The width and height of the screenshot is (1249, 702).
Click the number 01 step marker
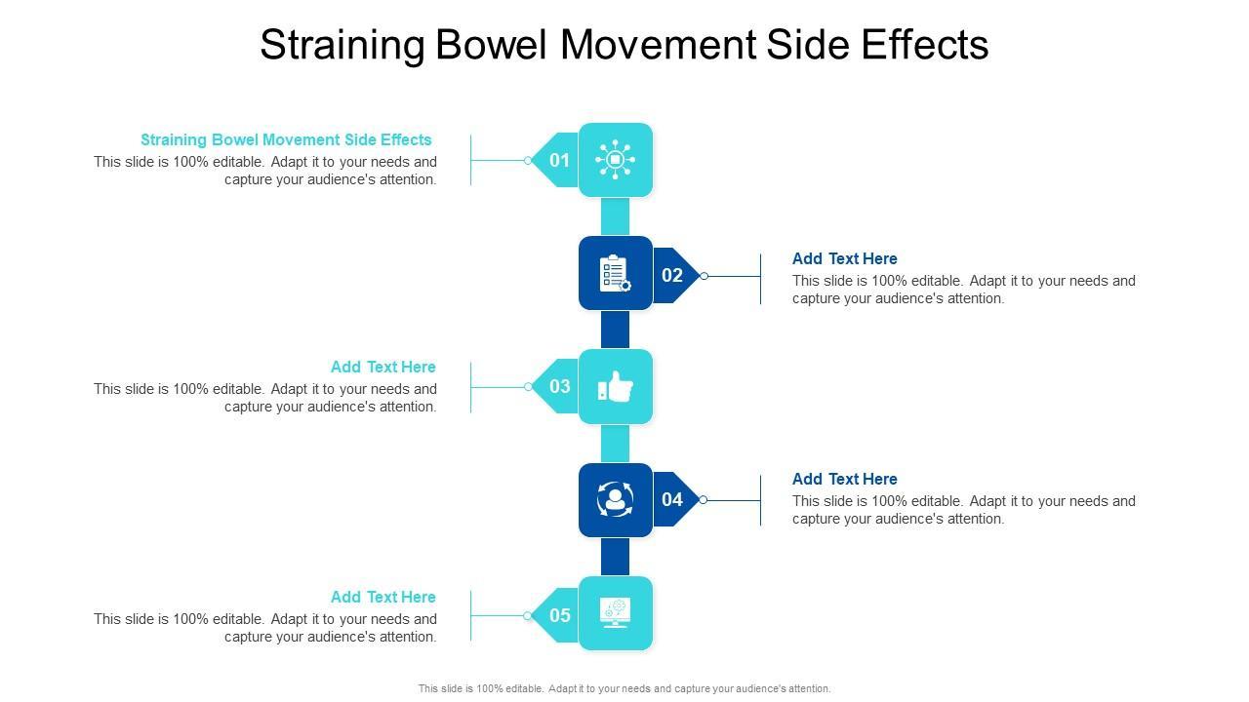pyautogui.click(x=558, y=160)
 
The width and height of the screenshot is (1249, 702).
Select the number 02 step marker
pyautogui.click(x=672, y=275)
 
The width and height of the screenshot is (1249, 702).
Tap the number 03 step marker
pyautogui.click(x=559, y=386)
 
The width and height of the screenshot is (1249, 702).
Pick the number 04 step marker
pyautogui.click(x=672, y=499)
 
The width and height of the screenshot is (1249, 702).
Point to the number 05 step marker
pyautogui.click(x=559, y=615)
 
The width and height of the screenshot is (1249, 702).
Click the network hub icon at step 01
pyautogui.click(x=616, y=160)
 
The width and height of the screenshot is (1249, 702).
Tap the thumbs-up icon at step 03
pyautogui.click(x=616, y=387)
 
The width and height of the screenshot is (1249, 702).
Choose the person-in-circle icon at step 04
pyautogui.click(x=615, y=500)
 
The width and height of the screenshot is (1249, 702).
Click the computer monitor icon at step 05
pyautogui.click(x=616, y=613)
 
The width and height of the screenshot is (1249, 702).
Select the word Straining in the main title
pyautogui.click(x=342, y=45)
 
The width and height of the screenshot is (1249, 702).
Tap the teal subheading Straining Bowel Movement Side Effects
pyautogui.click(x=286, y=139)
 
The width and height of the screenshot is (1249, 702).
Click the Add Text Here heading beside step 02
pyautogui.click(x=844, y=258)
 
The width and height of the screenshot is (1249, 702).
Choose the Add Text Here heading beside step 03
pyautogui.click(x=383, y=367)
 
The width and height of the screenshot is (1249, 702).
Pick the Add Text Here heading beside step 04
pyautogui.click(x=844, y=479)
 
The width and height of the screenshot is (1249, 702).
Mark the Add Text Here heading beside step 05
pyautogui.click(x=383, y=597)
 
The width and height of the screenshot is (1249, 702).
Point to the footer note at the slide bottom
pyautogui.click(x=624, y=688)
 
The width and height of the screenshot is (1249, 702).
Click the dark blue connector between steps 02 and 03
pyautogui.click(x=615, y=330)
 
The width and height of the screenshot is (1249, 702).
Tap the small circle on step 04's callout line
pyautogui.click(x=703, y=500)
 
